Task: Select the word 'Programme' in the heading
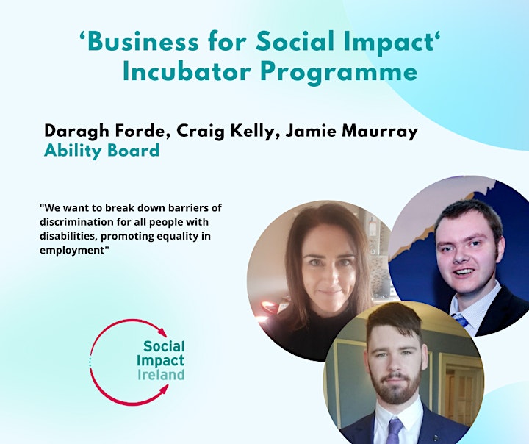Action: pyautogui.click(x=339, y=74)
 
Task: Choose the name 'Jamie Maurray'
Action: pyautogui.click(x=352, y=132)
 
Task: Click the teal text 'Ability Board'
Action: pyautogui.click(x=101, y=151)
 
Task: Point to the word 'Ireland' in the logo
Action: pyautogui.click(x=161, y=375)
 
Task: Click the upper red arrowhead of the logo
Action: pyautogui.click(x=162, y=332)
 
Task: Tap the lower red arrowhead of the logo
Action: pyautogui.click(x=163, y=390)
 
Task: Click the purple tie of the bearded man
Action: pyautogui.click(x=395, y=431)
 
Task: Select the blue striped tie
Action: pyautogui.click(x=461, y=320)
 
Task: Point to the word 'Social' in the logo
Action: pyautogui.click(x=164, y=346)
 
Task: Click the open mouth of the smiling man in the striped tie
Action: pyautogui.click(x=465, y=272)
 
